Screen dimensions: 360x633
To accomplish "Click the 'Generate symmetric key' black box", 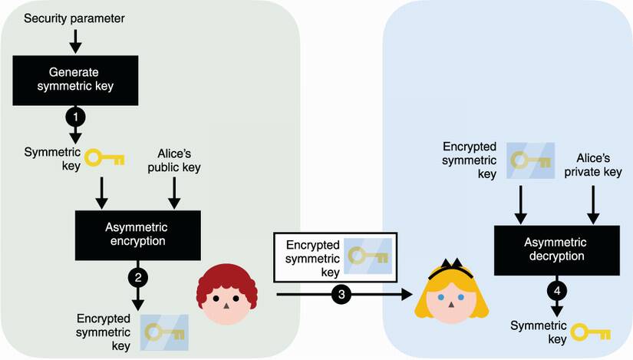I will click(75, 79).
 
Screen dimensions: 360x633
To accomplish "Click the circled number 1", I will click(75, 117).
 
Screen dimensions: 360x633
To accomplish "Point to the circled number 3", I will click(341, 293).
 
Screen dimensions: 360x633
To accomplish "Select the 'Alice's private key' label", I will click(592, 163).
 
